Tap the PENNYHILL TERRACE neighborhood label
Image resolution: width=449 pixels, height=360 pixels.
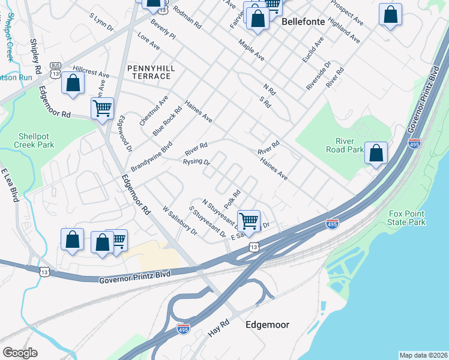click(x=152, y=73)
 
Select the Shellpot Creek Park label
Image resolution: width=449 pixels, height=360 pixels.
click(x=37, y=140)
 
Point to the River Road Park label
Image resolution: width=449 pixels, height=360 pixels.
click(x=345, y=145)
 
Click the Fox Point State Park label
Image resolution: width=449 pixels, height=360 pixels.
click(x=407, y=218)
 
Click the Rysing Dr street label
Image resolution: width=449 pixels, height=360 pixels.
click(x=196, y=162)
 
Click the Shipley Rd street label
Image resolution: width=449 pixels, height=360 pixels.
click(x=35, y=58)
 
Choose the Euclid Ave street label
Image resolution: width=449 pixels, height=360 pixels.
click(x=313, y=50)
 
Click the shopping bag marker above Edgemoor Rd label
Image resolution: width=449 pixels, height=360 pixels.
click(x=73, y=84)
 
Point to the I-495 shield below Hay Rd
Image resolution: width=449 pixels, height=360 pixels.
click(x=184, y=329)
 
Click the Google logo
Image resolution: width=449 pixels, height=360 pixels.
click(x=20, y=353)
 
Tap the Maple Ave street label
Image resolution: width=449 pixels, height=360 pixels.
click(x=251, y=51)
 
